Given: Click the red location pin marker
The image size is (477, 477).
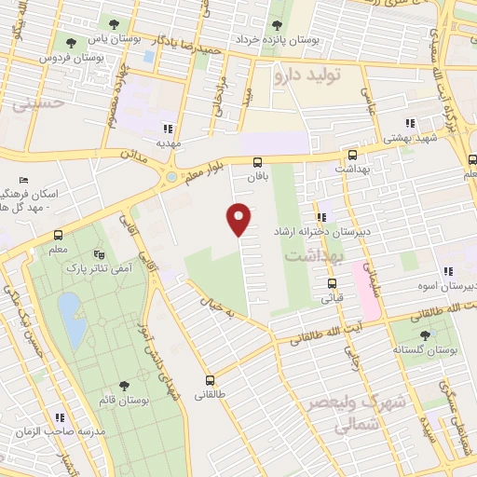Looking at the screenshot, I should (239, 218).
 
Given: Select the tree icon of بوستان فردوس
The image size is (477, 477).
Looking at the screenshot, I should (70, 42).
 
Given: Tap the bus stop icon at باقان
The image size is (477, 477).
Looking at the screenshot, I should (258, 162).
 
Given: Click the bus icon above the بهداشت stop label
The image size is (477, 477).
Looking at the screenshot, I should (352, 156).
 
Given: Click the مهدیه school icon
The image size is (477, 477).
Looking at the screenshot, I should (168, 129).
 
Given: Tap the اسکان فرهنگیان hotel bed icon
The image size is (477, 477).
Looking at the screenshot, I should (24, 180).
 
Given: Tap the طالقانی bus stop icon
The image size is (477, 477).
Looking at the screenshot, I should (211, 379).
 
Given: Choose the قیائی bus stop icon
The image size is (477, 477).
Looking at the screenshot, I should (330, 284).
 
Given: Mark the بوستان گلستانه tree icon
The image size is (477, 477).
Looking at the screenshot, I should (425, 334).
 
